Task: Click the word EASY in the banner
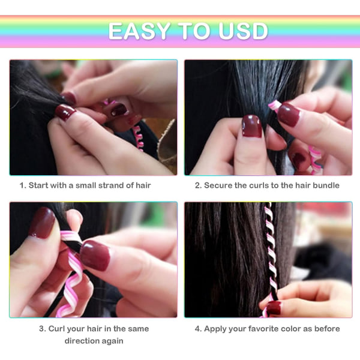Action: click(139, 31)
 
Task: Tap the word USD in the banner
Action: click(243, 31)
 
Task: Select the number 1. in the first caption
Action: click(23, 185)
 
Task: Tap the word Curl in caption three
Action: click(56, 329)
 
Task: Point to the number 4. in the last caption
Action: click(198, 329)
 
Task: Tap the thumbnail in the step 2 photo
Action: click(252, 126)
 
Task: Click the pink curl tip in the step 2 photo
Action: click(274, 106)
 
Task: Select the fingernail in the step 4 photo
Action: click(274, 308)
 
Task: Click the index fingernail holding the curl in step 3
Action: click(95, 256)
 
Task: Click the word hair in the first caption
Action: click(143, 185)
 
